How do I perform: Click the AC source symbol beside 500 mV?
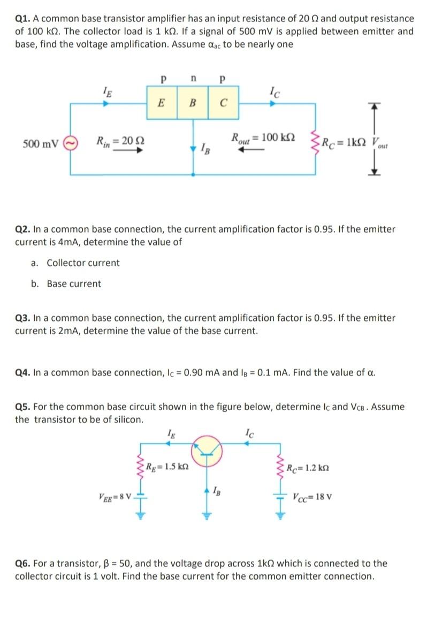71,144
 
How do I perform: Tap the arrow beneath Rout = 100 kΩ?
248,150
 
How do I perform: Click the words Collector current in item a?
83,263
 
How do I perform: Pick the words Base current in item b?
73,283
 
